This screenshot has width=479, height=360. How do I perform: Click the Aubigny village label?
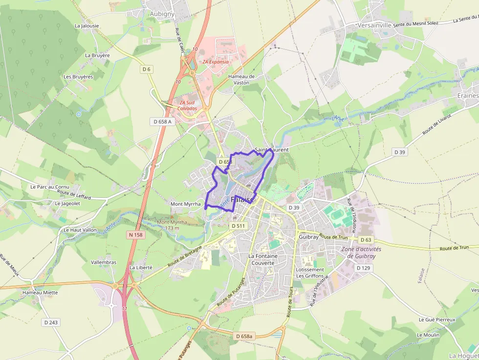coord(162,14)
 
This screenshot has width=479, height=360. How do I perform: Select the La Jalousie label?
coord(87,26)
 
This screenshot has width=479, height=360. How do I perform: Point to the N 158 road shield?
coord(136,235)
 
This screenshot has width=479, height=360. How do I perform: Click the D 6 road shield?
coord(147,69)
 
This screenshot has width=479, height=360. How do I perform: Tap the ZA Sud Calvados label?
coord(188,106)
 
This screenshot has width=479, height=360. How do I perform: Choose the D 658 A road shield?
coord(162,121)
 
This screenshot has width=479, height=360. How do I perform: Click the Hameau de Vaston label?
coord(241,80)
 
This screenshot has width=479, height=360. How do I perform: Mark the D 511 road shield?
coord(238,226)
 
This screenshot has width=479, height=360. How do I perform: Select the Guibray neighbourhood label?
coord(308,236)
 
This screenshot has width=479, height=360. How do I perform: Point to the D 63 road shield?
coord(366,240)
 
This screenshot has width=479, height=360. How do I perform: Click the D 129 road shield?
coord(363,268)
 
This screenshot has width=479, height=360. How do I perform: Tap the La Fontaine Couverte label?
coord(263,259)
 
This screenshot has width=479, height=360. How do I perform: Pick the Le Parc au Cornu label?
coord(50,187)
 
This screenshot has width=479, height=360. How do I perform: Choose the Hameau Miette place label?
coord(40,293)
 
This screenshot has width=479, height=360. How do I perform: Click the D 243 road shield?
coord(51,322)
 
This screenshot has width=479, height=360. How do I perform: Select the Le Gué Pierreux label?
coord(436,320)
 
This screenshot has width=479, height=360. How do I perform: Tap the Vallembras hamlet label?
coord(104,262)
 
